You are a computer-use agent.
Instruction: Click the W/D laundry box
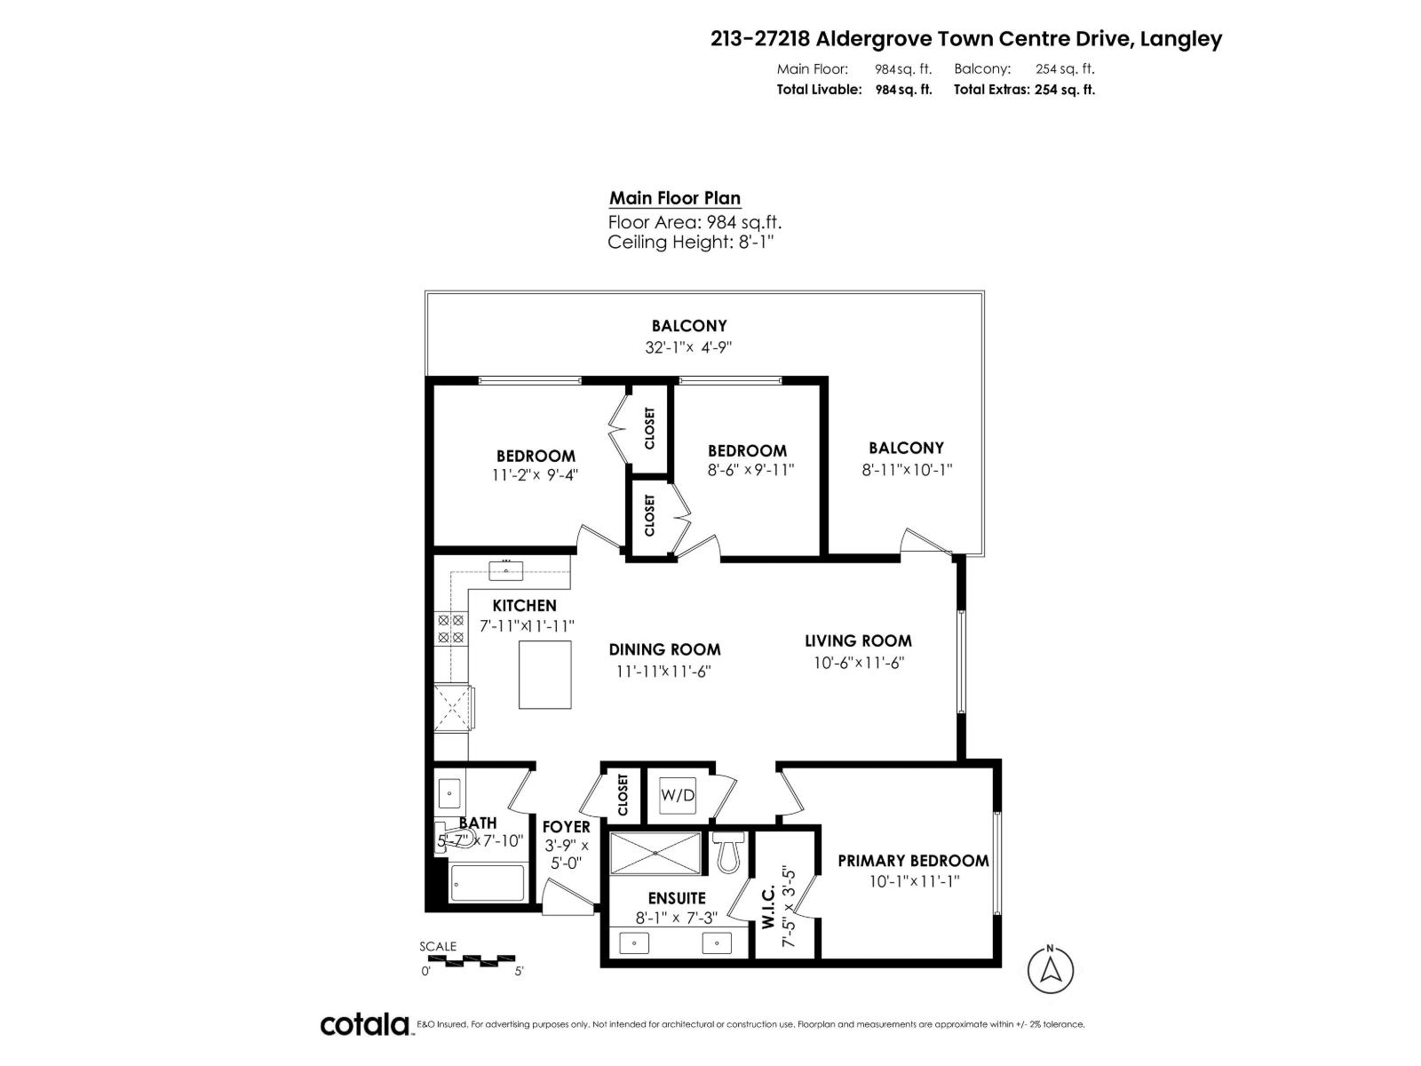678,794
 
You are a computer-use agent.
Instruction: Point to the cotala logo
364,1024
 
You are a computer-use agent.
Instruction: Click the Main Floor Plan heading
675,198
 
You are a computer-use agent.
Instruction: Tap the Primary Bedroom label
913,861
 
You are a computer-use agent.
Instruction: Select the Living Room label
858,640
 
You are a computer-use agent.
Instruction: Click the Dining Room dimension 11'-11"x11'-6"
664,672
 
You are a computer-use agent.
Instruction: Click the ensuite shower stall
655,853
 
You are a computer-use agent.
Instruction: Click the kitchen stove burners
450,628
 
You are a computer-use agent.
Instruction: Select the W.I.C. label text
768,906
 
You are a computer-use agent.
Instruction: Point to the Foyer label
566,827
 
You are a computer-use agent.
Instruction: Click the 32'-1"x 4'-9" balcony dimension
688,347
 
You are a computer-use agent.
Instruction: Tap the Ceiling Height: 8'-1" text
691,242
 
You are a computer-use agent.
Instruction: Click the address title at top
966,39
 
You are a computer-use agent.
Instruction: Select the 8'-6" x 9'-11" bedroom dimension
750,470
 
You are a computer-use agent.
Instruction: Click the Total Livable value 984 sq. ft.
903,90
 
